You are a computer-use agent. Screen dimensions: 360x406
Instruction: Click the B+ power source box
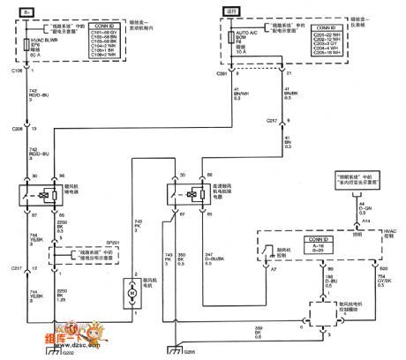pyautogui.click(x=26, y=13)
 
